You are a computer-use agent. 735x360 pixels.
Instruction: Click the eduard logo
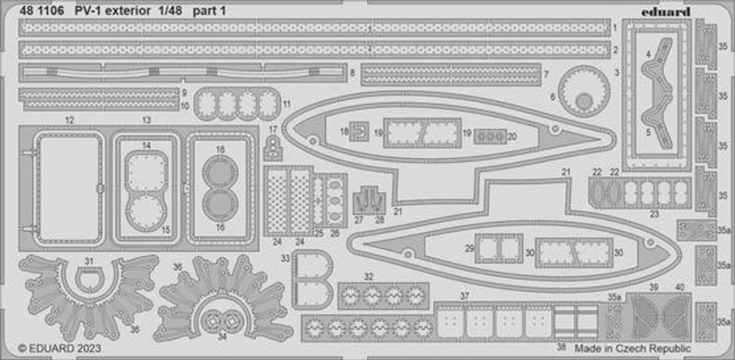666,12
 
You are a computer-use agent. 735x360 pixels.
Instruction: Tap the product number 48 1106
42,11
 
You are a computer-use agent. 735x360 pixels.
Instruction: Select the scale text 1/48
170,11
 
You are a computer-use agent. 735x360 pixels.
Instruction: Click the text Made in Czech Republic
633,348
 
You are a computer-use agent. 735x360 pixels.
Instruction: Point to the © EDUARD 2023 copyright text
60,348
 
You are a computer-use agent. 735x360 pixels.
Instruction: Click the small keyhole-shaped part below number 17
273,149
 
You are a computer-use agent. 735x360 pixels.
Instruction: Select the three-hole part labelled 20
491,137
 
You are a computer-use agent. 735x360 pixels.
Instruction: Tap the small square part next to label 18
360,132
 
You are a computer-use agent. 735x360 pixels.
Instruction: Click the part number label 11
287,104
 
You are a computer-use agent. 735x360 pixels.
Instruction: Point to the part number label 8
352,72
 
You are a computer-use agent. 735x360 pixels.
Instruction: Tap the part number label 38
562,347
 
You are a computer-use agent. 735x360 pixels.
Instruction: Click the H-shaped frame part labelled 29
499,249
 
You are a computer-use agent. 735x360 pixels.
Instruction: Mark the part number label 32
369,277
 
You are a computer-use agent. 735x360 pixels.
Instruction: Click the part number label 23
654,214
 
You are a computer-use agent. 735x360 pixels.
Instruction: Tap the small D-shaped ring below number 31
90,280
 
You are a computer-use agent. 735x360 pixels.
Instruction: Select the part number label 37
465,296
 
